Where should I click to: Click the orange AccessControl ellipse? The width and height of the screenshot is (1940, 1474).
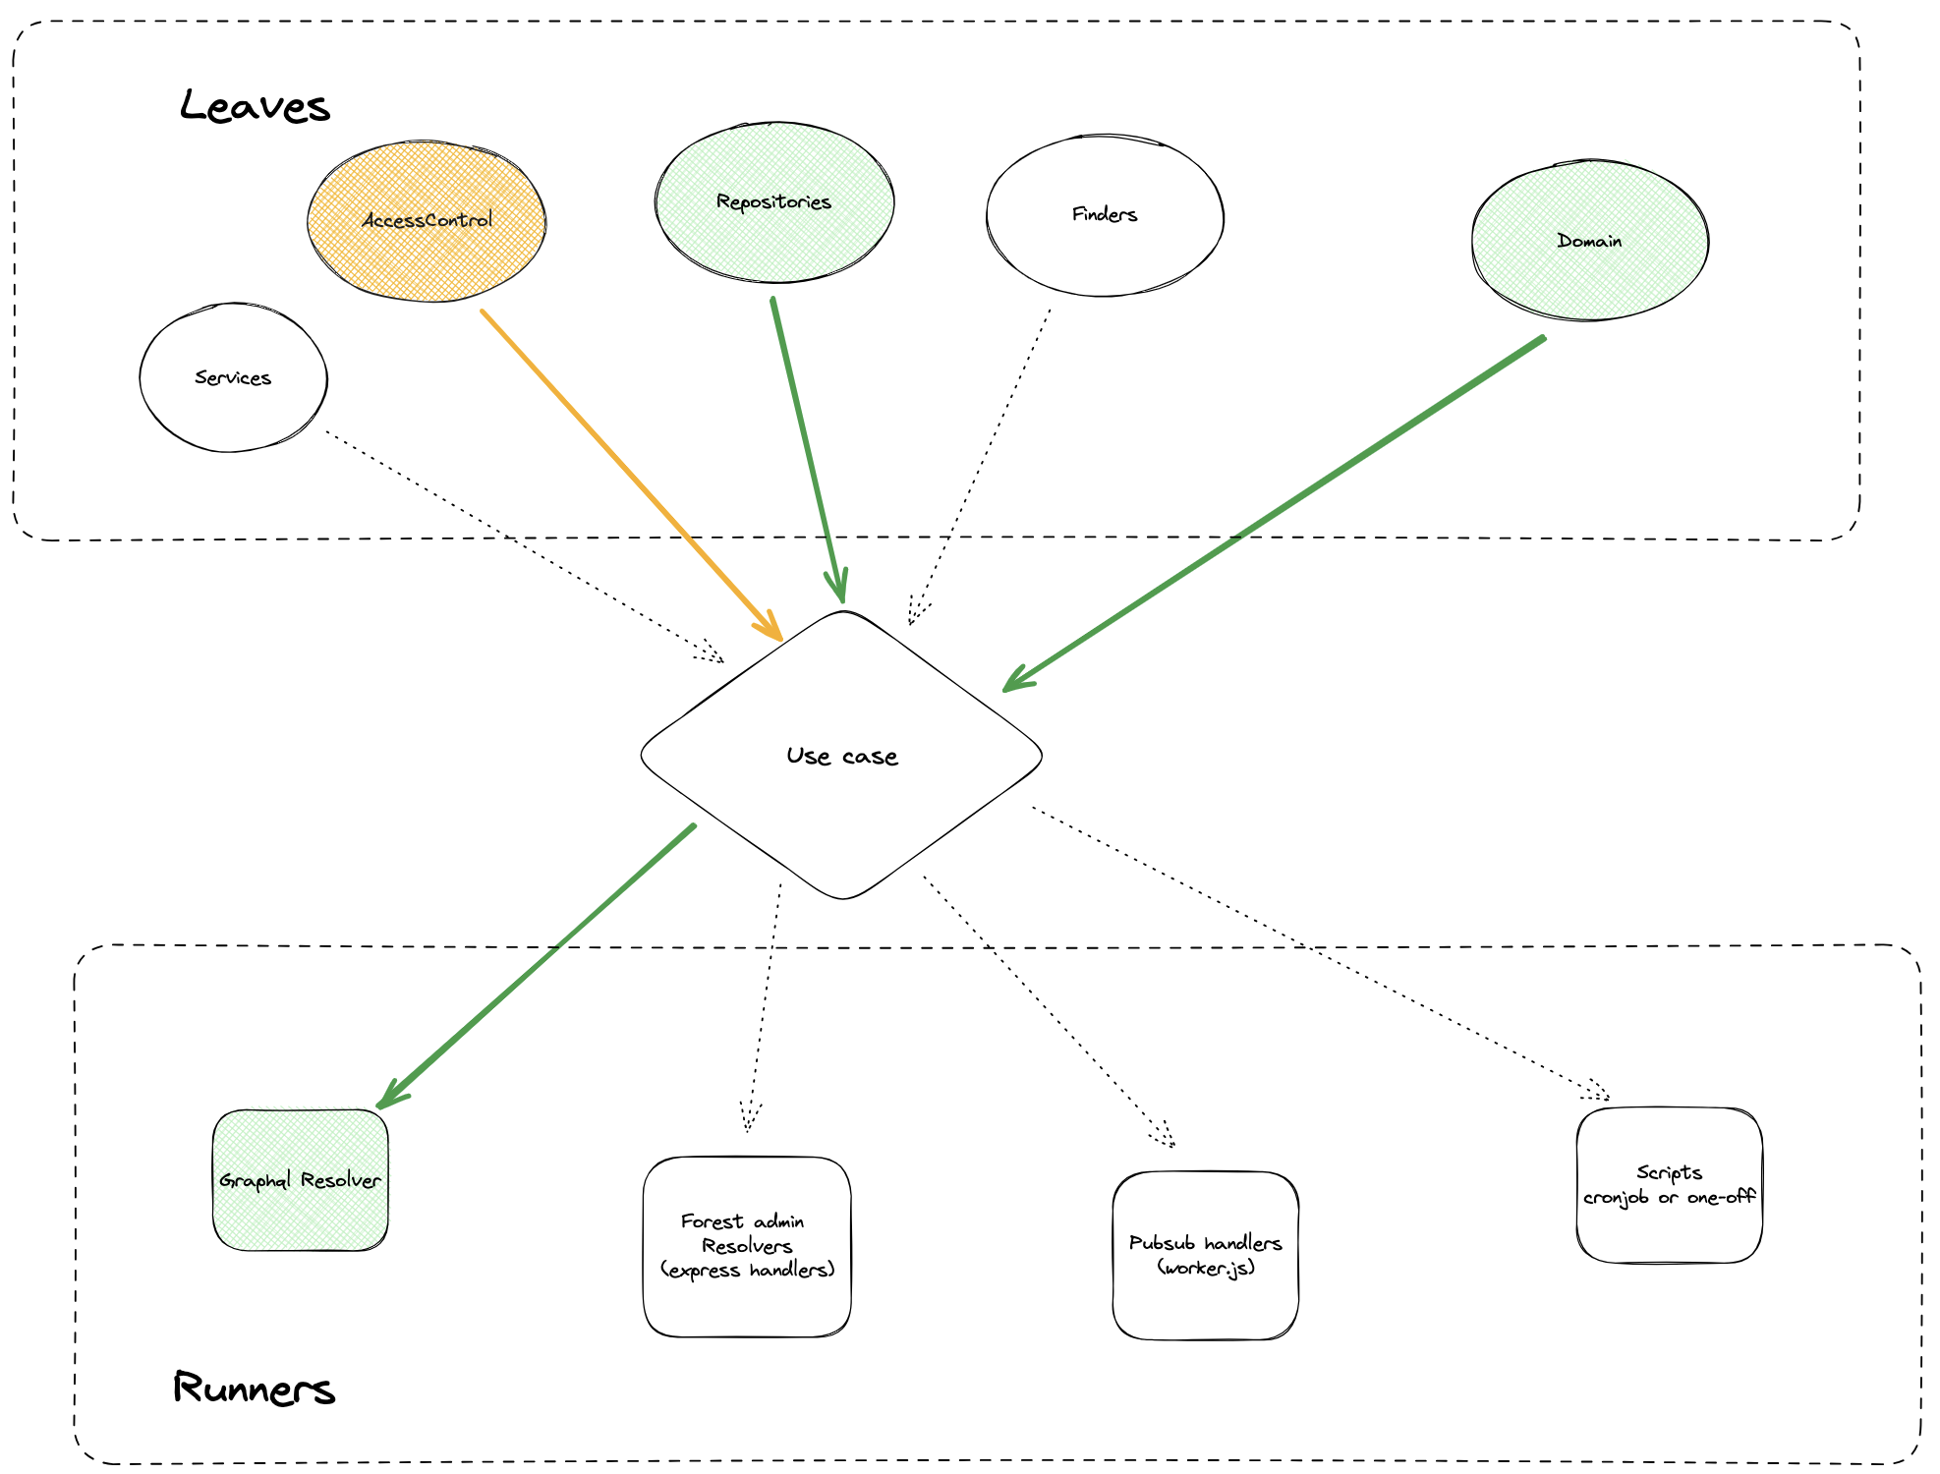[x=427, y=221]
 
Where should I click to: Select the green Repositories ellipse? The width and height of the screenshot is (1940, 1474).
[x=774, y=202]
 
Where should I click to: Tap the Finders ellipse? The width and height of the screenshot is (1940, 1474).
[x=1105, y=215]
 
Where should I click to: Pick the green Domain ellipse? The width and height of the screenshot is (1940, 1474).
[x=1589, y=241]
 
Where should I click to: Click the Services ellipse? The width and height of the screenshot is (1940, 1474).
[x=233, y=378]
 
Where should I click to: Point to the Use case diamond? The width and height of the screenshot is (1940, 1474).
[x=841, y=756]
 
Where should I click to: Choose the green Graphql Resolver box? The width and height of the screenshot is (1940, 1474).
[x=300, y=1180]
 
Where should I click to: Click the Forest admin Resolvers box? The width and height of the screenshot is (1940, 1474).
[x=747, y=1246]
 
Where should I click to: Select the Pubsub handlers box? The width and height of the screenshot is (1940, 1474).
[x=1205, y=1255]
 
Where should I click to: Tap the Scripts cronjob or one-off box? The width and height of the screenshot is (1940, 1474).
[x=1669, y=1185]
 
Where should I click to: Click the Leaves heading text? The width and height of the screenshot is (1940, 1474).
[x=255, y=106]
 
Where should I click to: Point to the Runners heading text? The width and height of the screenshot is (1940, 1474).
[x=254, y=1388]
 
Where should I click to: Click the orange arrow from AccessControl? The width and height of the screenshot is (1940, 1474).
[x=629, y=474]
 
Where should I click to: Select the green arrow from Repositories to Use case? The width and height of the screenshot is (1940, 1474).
[x=808, y=447]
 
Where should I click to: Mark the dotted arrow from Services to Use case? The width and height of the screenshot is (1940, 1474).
[x=521, y=545]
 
